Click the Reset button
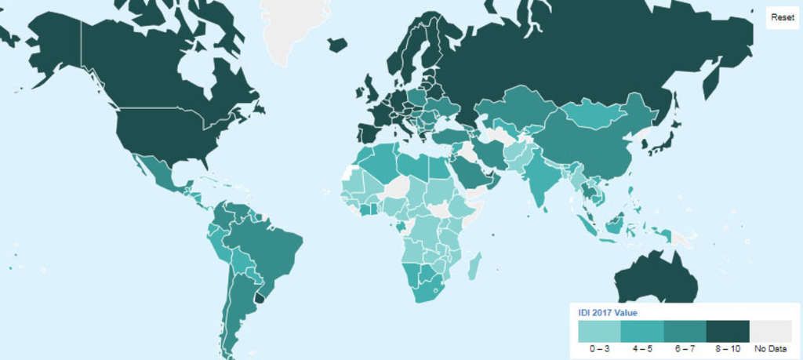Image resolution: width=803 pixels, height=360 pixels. click(782, 17)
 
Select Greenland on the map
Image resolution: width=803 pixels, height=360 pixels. click(294, 27)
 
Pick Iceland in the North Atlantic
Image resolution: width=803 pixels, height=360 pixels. click(337, 45)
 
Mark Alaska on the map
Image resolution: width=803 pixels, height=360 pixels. click(47, 47)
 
